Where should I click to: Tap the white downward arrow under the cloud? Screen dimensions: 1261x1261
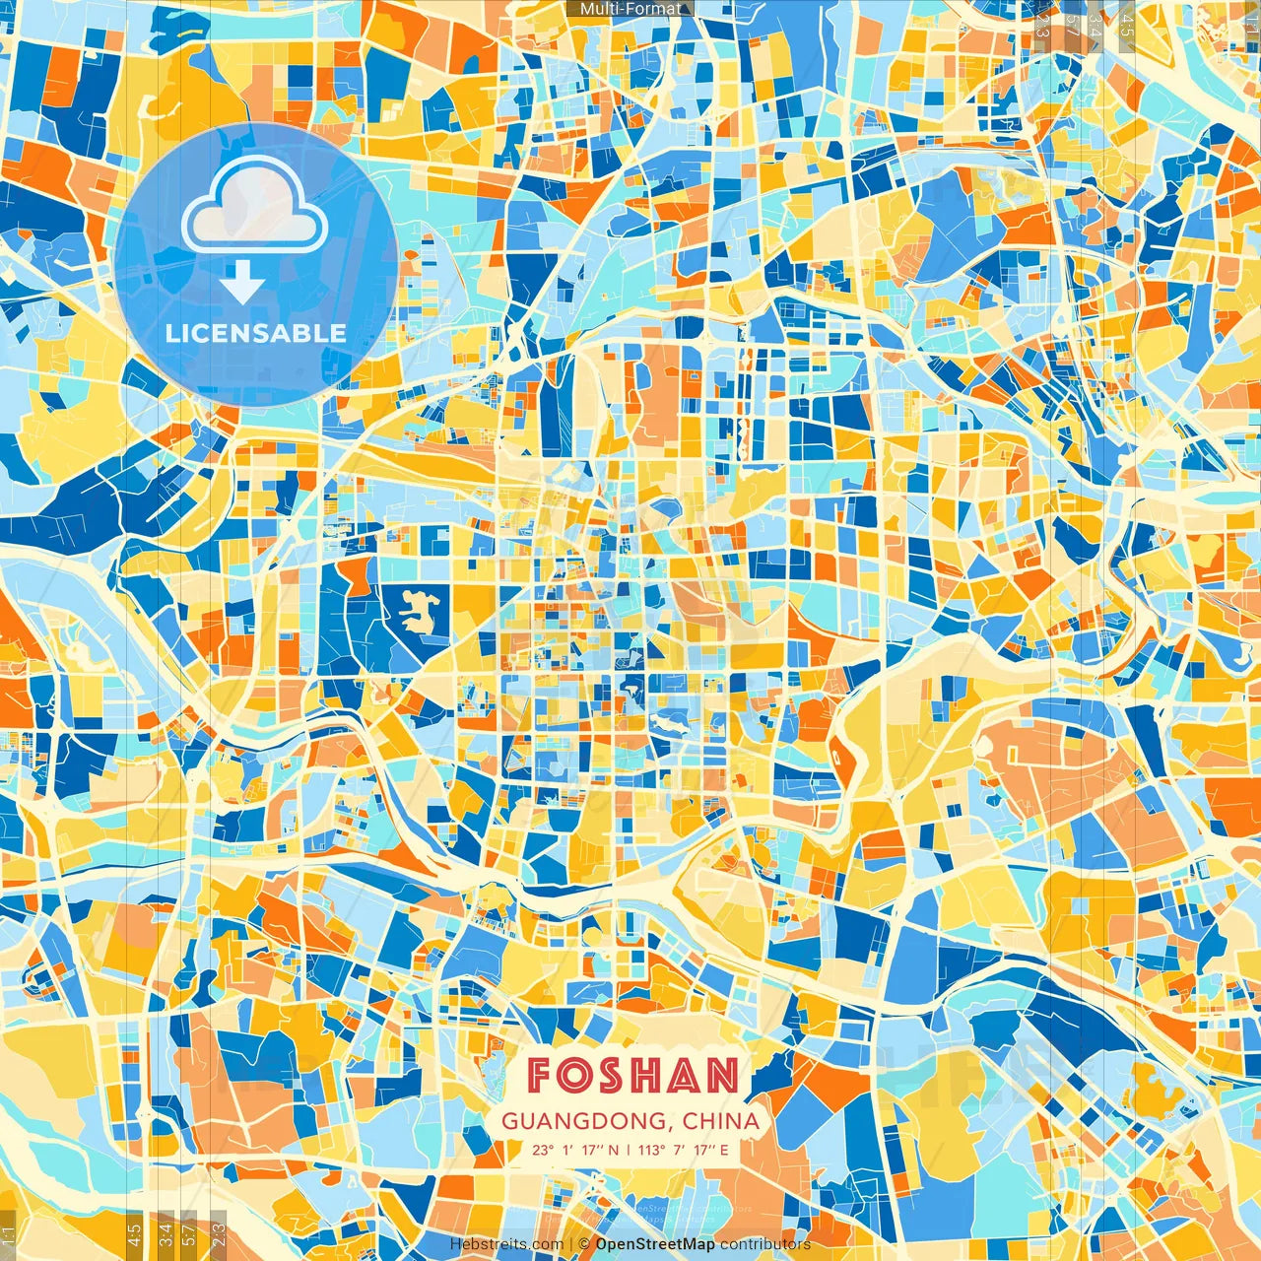point(241,283)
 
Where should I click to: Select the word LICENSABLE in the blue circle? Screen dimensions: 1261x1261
point(256,333)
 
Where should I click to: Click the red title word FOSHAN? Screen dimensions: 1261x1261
point(631,1076)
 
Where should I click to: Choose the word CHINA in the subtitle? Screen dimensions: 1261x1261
point(721,1121)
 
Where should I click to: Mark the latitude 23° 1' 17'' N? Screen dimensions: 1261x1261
point(576,1150)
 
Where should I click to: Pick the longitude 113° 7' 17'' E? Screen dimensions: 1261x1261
point(683,1150)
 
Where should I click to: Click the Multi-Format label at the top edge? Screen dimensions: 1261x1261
point(630,9)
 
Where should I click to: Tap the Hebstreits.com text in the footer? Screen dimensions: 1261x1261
point(506,1244)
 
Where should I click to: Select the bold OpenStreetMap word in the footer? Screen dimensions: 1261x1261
point(655,1244)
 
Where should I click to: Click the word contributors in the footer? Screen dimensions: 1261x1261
point(765,1244)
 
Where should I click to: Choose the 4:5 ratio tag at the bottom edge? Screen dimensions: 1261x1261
point(134,1232)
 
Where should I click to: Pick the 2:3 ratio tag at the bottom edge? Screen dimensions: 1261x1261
point(218,1232)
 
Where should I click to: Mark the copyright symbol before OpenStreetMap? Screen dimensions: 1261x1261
point(584,1244)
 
